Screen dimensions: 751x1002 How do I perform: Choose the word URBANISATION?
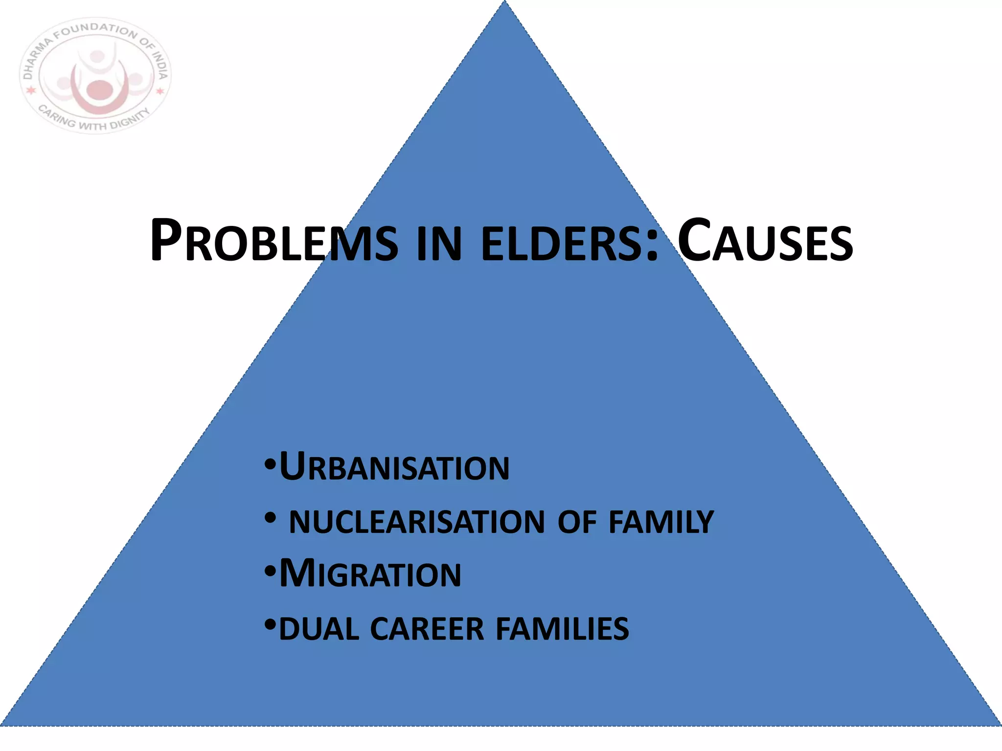pos(394,467)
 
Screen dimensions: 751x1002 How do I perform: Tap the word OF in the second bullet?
pos(577,522)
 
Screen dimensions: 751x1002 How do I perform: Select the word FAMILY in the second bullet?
pos(661,522)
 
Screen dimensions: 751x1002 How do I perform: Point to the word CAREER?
pos(427,629)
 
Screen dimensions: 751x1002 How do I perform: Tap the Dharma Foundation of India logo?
pos(95,76)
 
